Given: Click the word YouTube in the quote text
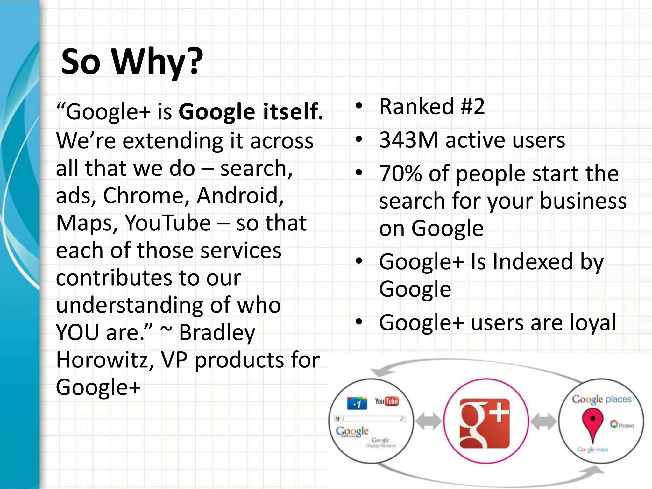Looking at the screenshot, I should click(167, 223).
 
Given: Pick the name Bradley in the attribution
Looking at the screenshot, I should click(217, 333).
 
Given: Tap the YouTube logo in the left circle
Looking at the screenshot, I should click(386, 401).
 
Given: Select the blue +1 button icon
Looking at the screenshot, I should click(357, 403).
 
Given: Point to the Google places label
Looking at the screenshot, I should click(601, 399).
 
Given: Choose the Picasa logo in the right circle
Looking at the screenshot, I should click(622, 425).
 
